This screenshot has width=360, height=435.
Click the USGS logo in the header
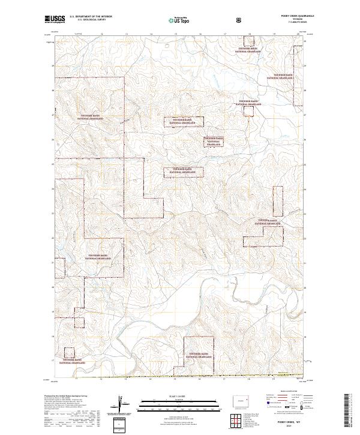point(54,20)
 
